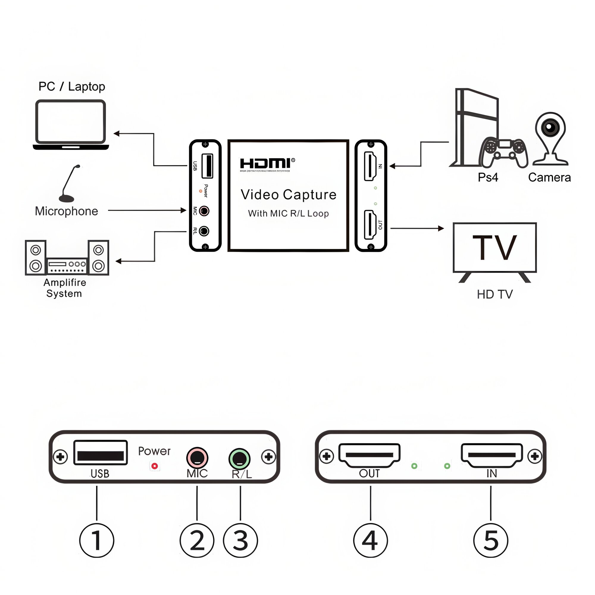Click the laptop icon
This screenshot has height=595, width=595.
coord(71,125)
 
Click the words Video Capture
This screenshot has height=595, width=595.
coord(288,195)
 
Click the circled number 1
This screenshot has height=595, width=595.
coord(97,540)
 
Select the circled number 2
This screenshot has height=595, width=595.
coord(197,540)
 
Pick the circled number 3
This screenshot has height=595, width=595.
coord(240,540)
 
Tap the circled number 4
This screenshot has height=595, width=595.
coord(370,540)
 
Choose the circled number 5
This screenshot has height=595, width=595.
coord(491,540)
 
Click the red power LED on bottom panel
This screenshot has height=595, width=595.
coord(155,466)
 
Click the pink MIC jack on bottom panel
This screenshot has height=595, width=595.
coord(197,458)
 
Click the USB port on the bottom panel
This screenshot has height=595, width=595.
coord(100,452)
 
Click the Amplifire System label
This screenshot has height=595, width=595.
coord(65,288)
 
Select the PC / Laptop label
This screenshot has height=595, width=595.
coord(72,87)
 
